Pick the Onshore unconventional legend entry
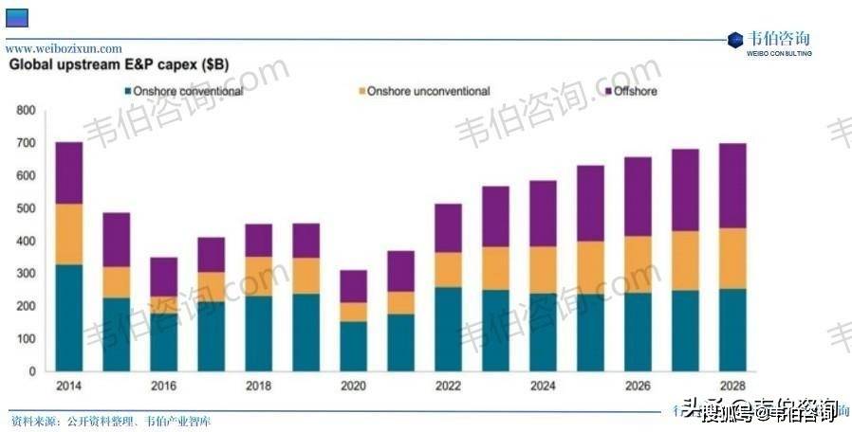pos(428,92)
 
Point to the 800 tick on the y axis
pos(26,111)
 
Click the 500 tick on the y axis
pos(26,208)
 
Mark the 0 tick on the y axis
pos(31,371)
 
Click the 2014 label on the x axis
pos(68,387)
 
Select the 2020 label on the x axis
pos(353,387)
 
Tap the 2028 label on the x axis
pos(732,387)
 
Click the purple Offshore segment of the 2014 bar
pos(69,172)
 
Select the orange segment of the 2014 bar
pos(69,234)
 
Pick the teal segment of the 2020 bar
pos(354,346)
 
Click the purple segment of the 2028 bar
pos(732,186)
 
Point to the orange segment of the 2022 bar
pos(449,270)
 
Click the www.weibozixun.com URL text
pos(65,48)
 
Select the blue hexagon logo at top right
pos(734,40)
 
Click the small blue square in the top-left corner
pos(17,16)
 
